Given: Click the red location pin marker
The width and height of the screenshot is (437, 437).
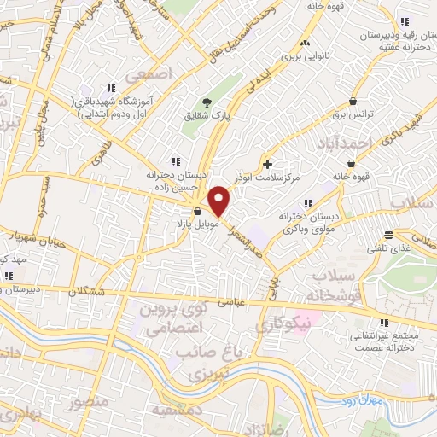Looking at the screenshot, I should (220, 201).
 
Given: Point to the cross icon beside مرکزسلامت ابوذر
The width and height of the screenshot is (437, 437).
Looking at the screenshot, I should (268, 163).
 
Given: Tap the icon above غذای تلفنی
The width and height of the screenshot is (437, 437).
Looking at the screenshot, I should (388, 235).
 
